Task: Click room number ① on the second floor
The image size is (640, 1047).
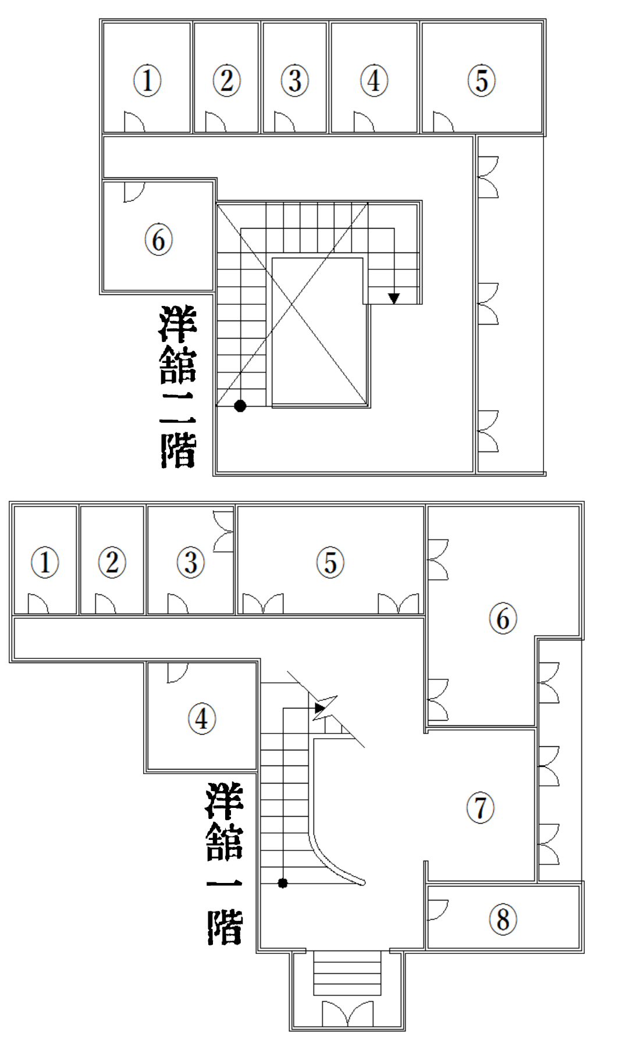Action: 147,80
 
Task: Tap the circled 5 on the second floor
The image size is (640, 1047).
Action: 482,80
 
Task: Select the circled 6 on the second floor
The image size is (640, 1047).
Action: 158,240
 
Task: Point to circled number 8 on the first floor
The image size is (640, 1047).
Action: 503,920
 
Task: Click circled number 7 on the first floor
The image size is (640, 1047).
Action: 481,808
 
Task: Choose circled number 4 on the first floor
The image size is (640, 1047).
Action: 202,718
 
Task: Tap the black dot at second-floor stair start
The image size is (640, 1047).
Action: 240,406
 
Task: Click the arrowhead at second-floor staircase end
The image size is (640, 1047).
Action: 394,298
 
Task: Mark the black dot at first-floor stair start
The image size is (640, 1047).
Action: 283,883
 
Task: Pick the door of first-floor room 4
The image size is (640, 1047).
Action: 177,672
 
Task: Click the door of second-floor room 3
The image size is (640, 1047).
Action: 285,122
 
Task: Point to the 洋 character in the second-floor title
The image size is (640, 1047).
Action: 178,324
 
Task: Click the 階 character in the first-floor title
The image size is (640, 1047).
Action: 225,927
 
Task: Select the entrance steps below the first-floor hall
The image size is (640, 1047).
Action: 348,974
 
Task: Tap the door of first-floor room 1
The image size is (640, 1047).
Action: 38,604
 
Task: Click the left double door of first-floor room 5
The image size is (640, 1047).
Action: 263,604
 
